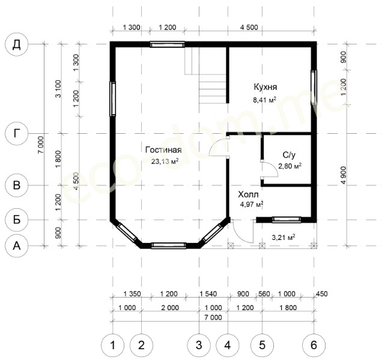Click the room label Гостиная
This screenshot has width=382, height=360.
coord(163,150)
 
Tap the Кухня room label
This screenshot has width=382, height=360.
coord(265,87)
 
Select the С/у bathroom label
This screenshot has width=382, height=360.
coord(289,155)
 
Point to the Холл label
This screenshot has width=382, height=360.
coord(248,194)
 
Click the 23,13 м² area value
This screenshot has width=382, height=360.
coord(165,161)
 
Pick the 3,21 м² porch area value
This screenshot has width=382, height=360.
coord(283,237)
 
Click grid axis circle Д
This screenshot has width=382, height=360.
coord(17,44)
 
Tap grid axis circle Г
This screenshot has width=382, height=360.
coord(17,133)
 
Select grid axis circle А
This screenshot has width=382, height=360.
coord(17,245)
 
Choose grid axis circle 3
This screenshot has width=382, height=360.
coord(199,345)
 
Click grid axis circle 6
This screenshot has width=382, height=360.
coord(314,345)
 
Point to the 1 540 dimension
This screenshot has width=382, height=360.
coord(208,294)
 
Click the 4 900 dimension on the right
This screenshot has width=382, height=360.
coord(344,175)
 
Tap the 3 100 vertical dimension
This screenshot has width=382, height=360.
coord(58,89)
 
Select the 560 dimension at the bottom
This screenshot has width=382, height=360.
coord(264,294)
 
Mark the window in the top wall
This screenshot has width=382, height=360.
coord(167,44)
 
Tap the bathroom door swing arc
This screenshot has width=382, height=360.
coord(270,169)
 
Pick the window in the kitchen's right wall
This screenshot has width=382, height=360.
coord(314,87)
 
